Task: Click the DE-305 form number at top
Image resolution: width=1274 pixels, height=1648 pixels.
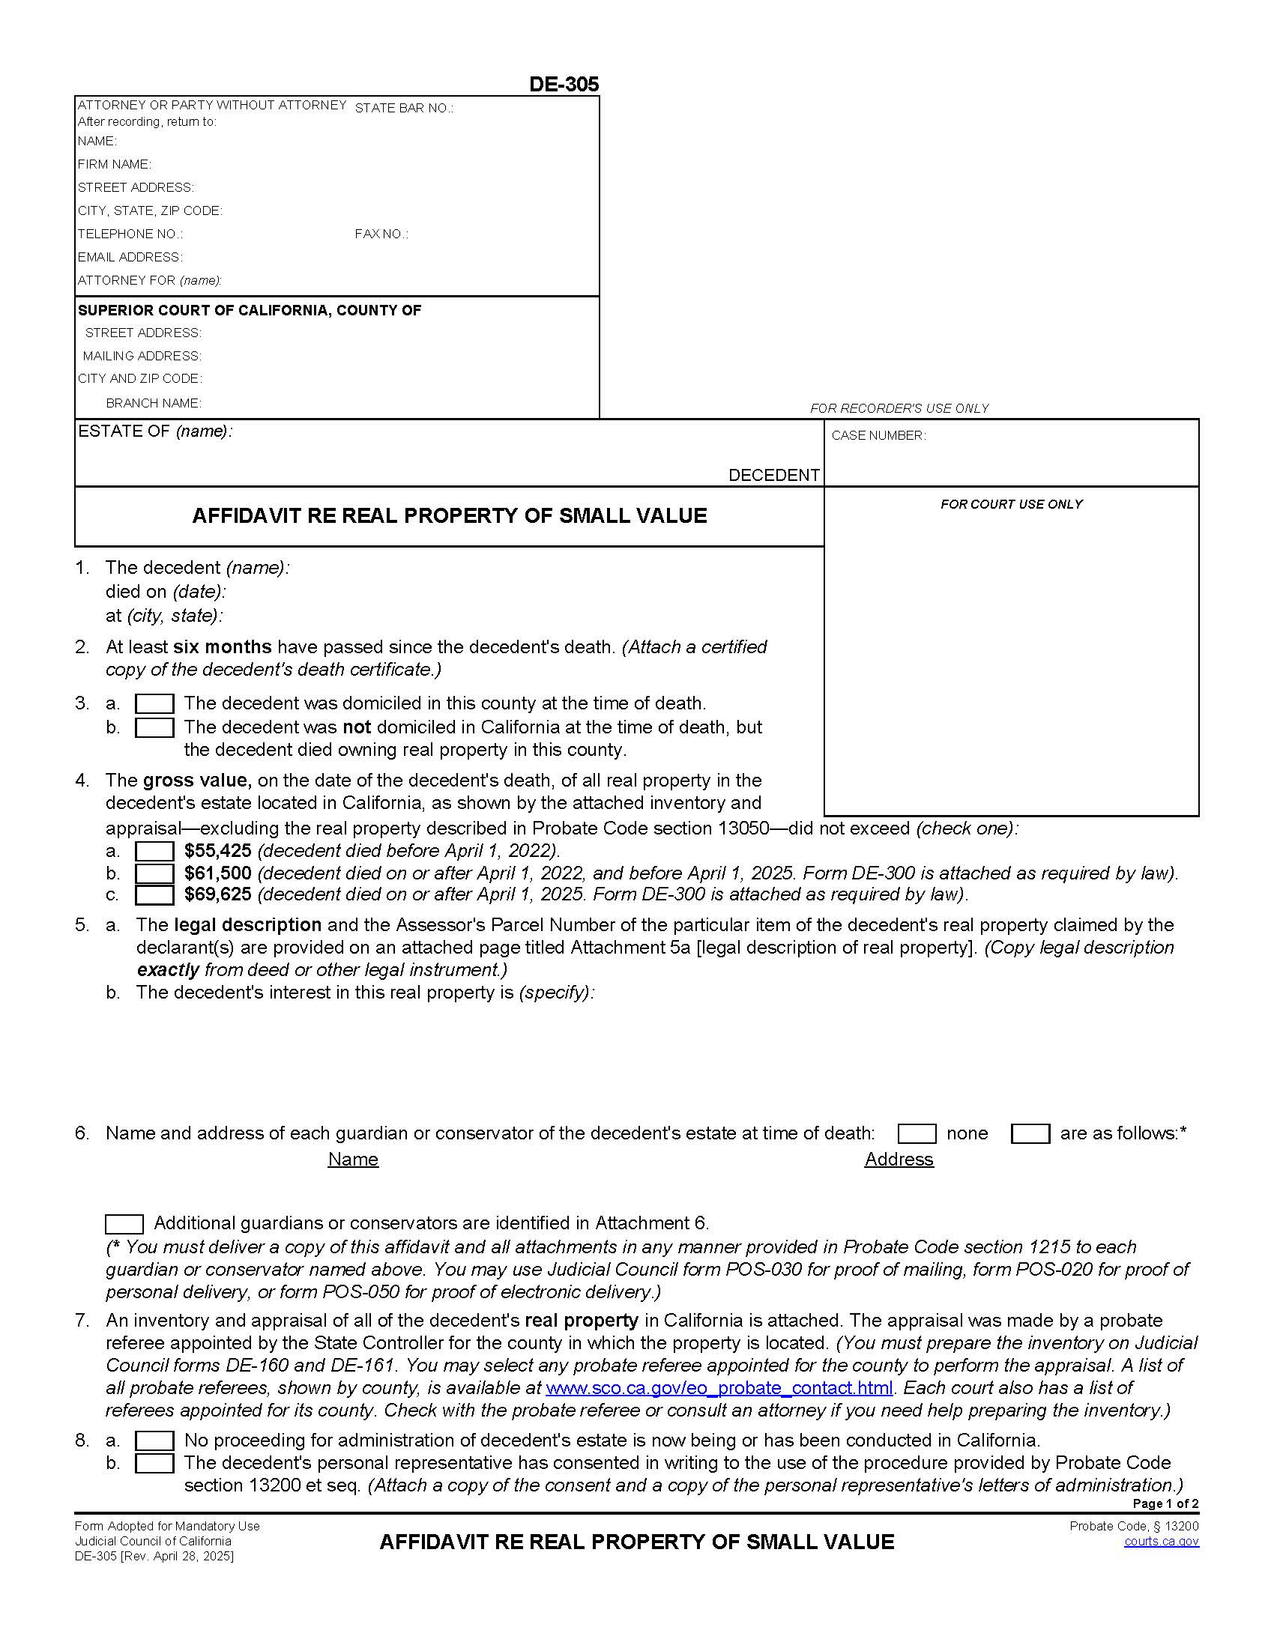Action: pyautogui.click(x=564, y=85)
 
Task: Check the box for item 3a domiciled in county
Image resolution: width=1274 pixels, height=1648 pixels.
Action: pyautogui.click(x=154, y=704)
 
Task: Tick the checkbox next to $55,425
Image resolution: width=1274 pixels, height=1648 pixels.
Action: pyautogui.click(x=154, y=852)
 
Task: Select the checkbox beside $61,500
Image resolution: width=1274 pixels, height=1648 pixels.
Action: pyautogui.click(x=154, y=873)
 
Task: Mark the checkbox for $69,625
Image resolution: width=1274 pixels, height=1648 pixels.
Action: pyautogui.click(x=154, y=895)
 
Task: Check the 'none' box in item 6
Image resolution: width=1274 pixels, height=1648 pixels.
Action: pyautogui.click(x=917, y=1134)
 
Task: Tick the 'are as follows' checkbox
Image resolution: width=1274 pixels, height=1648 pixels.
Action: pyautogui.click(x=1030, y=1134)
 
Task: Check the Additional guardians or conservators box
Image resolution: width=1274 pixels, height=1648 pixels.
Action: pyautogui.click(x=124, y=1224)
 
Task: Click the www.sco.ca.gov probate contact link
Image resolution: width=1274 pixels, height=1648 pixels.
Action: pyautogui.click(x=719, y=1387)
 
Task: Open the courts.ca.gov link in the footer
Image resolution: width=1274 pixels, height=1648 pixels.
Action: pyautogui.click(x=1161, y=1541)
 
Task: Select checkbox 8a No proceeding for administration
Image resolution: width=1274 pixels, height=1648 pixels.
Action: pyautogui.click(x=154, y=1441)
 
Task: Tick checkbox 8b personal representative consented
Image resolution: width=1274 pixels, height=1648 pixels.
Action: pyautogui.click(x=154, y=1463)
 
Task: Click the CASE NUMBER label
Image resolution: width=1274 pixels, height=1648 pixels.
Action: pyautogui.click(x=878, y=435)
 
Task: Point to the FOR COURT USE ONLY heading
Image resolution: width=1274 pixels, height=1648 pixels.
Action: pyautogui.click(x=1011, y=504)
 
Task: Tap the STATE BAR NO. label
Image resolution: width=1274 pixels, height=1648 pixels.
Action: pyautogui.click(x=404, y=108)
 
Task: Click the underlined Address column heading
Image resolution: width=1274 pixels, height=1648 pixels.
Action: pyautogui.click(x=898, y=1160)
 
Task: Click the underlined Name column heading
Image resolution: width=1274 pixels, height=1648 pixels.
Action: pyautogui.click(x=352, y=1160)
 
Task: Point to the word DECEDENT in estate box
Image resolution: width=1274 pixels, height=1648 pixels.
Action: pyautogui.click(x=773, y=476)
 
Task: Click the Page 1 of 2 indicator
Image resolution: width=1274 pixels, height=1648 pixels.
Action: pyautogui.click(x=1165, y=1504)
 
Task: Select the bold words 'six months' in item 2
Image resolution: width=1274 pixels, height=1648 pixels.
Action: pyautogui.click(x=222, y=647)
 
